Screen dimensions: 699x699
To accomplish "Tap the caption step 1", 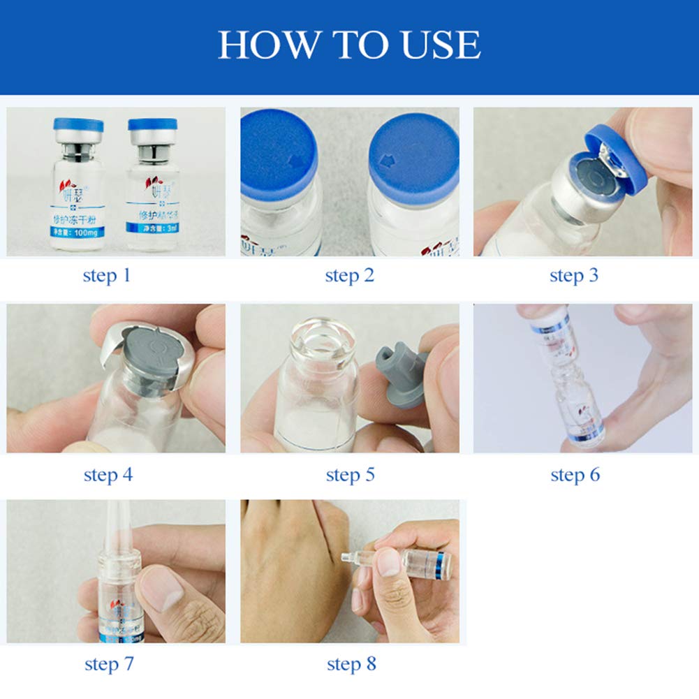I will [107, 274].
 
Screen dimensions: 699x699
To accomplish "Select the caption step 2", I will [349, 274].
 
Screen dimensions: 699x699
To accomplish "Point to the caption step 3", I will [574, 274].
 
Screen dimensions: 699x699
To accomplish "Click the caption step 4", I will [108, 475].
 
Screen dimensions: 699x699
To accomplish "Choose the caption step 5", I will [350, 475].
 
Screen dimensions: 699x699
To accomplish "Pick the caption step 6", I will [575, 475].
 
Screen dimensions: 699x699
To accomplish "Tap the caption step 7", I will [108, 663].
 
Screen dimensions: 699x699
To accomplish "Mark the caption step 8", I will [351, 663].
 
